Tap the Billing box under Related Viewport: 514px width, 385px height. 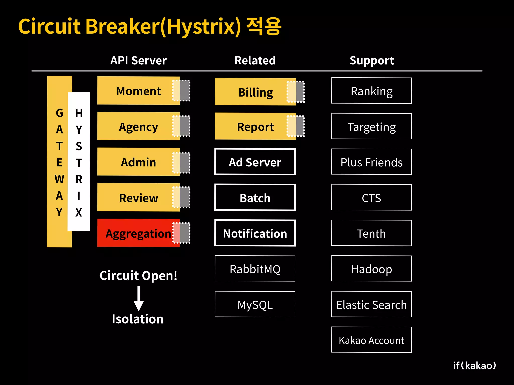click(255, 92)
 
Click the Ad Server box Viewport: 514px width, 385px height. click(255, 162)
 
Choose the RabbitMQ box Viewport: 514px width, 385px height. click(255, 269)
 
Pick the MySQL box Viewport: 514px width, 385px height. click(255, 304)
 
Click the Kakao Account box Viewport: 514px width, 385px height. click(371, 340)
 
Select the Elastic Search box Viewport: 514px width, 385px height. click(371, 304)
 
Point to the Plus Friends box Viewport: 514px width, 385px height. click(371, 162)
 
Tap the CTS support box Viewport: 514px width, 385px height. click(371, 198)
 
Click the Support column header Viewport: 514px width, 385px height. click(372, 60)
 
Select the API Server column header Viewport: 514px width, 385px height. click(139, 60)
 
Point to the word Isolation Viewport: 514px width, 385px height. click(138, 319)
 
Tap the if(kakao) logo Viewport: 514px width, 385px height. click(474, 365)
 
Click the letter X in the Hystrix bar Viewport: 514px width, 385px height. click(79, 213)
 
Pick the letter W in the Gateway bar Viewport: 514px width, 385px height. click(59, 179)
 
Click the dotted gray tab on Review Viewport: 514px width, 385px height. click(181, 198)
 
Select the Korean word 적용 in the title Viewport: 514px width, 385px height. click(264, 26)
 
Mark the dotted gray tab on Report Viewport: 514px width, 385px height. click(296, 126)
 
